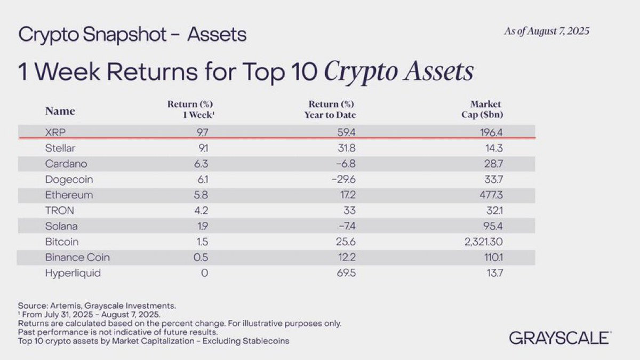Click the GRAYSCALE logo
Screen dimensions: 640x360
tap(561, 338)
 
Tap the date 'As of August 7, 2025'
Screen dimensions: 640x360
tap(547, 31)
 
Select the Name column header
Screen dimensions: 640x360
tap(60, 111)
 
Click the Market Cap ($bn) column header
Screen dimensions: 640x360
tap(482, 109)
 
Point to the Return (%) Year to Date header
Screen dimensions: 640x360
tap(330, 109)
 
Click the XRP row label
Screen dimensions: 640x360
tap(55, 132)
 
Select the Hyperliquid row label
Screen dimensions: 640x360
tap(73, 273)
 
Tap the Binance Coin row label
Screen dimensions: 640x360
tap(77, 258)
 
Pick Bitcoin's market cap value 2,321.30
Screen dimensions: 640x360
tap(483, 242)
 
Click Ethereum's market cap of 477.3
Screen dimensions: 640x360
tap(491, 195)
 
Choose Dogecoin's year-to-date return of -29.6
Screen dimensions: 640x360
tap(343, 179)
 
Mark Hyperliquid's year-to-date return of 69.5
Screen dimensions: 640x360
tap(346, 273)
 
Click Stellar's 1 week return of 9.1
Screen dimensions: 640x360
tap(203, 148)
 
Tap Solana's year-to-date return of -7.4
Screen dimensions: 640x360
tap(347, 226)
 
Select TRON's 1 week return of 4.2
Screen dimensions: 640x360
tap(201, 211)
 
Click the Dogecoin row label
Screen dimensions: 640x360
tap(69, 180)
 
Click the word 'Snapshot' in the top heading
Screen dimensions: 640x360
tap(125, 35)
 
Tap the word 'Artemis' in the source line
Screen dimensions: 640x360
tap(66, 306)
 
